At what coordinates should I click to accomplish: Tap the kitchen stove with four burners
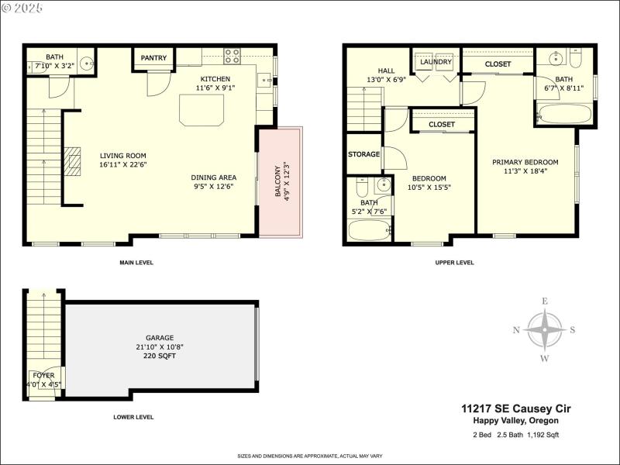pyautogui.click(x=232, y=56)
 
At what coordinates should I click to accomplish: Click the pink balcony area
pyautogui.click(x=281, y=183)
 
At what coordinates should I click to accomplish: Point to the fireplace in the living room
pyautogui.click(x=72, y=161)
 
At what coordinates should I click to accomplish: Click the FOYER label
pyautogui.click(x=43, y=375)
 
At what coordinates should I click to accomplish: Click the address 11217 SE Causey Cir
pyautogui.click(x=509, y=408)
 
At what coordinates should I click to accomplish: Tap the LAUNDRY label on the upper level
pyautogui.click(x=436, y=61)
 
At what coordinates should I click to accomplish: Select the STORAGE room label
pyautogui.click(x=363, y=154)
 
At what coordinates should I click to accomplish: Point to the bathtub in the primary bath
pyautogui.click(x=563, y=115)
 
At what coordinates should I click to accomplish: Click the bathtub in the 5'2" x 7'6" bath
pyautogui.click(x=370, y=231)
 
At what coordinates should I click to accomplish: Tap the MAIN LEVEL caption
pyautogui.click(x=136, y=263)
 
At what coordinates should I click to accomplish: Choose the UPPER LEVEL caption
pyautogui.click(x=455, y=263)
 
